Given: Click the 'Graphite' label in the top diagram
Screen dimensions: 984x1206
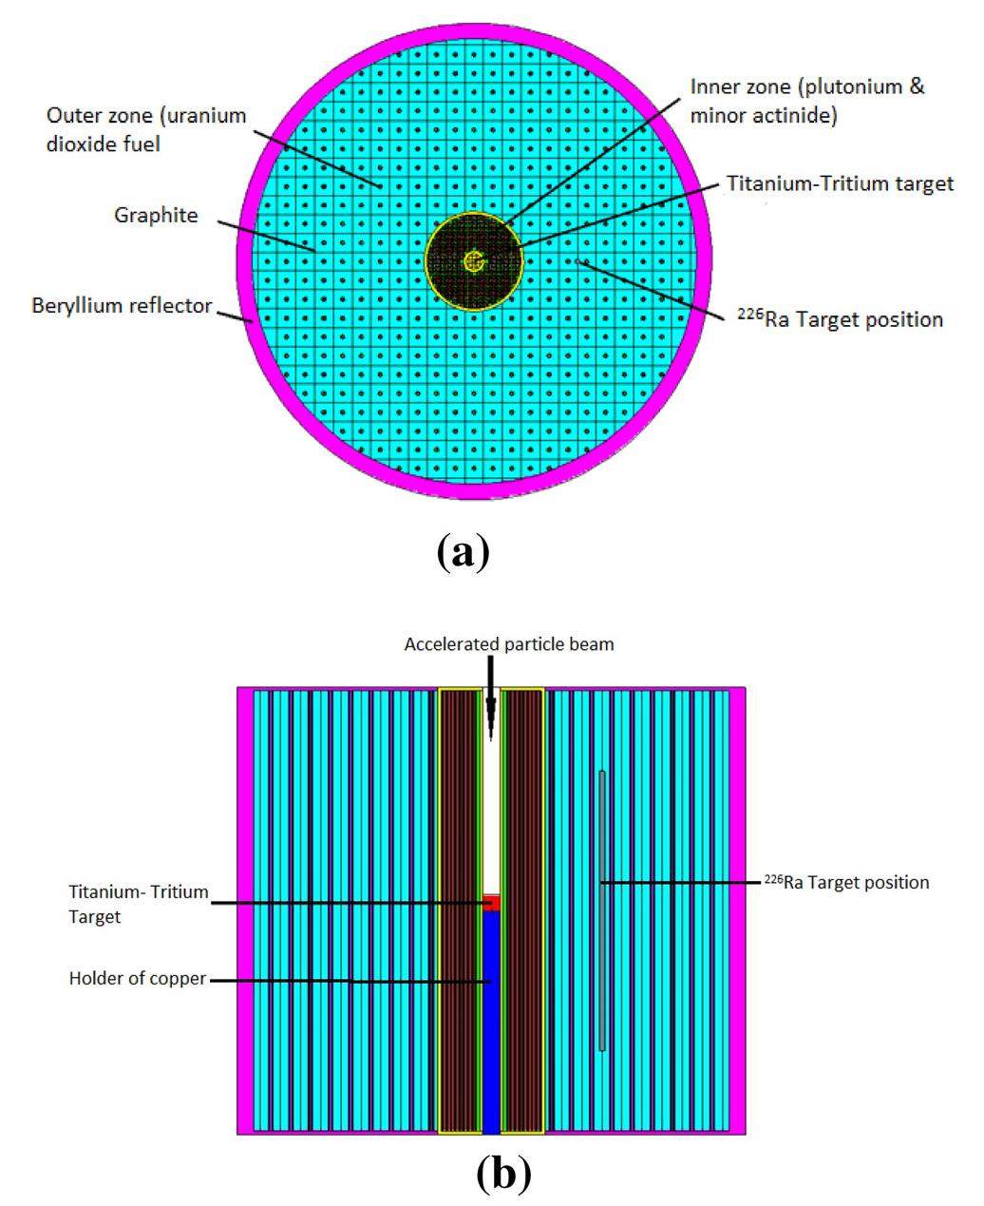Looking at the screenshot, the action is click(x=156, y=215).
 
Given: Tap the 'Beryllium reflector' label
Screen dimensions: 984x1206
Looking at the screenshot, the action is click(x=122, y=305).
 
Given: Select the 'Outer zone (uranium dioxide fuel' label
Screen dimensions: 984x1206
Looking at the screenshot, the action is click(x=146, y=130).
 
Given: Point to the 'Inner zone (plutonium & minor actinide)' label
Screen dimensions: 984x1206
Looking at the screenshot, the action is click(x=806, y=102).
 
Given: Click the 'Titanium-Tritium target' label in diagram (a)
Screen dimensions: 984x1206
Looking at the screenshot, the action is click(x=840, y=183).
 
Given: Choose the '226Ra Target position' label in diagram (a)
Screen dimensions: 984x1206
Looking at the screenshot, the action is click(x=840, y=318).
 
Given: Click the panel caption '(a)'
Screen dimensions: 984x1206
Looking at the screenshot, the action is click(x=463, y=551).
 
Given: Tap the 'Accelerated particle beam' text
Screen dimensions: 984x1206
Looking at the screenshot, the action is click(x=509, y=644).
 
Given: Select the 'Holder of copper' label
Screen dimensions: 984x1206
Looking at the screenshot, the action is click(x=137, y=979).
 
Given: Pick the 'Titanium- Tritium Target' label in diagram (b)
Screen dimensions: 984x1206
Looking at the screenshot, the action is click(x=139, y=904).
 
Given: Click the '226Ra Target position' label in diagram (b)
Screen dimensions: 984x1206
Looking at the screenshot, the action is click(x=847, y=882).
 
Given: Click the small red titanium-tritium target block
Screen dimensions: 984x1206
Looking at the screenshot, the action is click(x=491, y=902).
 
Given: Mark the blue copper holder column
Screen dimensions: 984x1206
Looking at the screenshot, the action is click(x=491, y=1023).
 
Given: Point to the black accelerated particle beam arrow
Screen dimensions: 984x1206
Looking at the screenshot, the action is click(x=491, y=698).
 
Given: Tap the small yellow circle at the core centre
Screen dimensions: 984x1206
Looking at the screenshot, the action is click(x=474, y=261).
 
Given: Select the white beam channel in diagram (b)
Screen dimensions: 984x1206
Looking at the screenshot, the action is click(x=491, y=791).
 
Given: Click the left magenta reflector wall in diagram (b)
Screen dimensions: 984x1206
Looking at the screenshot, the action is click(x=245, y=911).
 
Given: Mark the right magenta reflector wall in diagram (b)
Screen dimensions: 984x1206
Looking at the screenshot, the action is click(x=738, y=911).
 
